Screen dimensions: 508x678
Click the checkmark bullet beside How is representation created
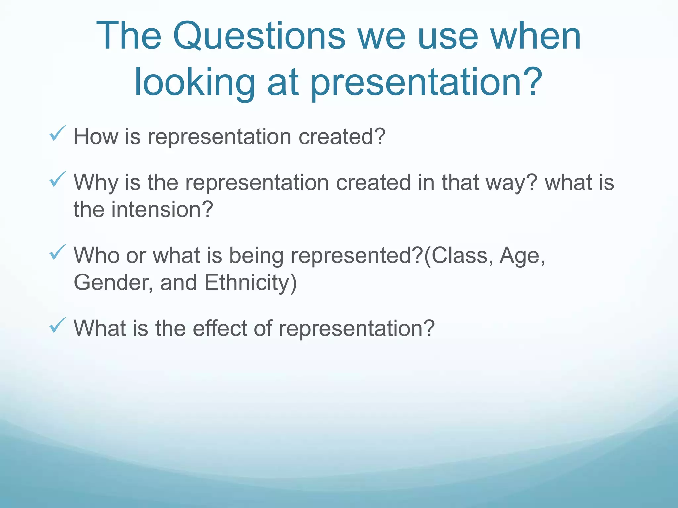[x=58, y=134]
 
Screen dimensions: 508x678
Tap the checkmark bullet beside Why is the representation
[x=58, y=179]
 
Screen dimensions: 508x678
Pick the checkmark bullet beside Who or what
[x=58, y=252]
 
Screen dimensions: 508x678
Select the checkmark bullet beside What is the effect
[x=58, y=325]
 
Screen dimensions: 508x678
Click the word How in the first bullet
[x=96, y=136]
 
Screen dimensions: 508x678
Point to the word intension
[x=162, y=209]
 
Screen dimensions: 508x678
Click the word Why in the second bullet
[x=96, y=182]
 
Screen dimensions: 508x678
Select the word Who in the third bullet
[x=96, y=255]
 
